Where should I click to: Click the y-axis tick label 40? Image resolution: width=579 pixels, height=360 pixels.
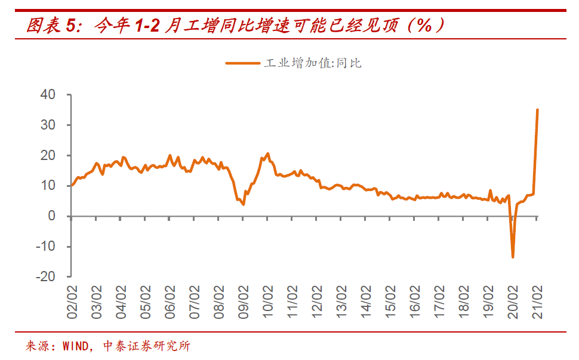(x=48, y=95)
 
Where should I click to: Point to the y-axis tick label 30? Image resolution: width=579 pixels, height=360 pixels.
(x=48, y=125)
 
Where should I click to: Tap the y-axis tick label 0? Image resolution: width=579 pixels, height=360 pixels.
(x=53, y=216)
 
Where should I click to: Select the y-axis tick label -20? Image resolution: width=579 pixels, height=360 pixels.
(x=46, y=277)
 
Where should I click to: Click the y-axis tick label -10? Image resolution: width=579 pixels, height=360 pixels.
(x=46, y=247)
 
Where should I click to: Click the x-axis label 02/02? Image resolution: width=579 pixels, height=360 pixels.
(x=72, y=302)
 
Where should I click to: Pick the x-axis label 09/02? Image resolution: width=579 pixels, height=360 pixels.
(x=244, y=302)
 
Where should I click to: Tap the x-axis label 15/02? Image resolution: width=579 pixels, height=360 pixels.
(x=390, y=302)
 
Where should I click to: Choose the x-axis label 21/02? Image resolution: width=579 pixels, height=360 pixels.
(x=537, y=302)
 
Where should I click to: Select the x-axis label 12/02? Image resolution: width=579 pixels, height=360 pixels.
(x=317, y=302)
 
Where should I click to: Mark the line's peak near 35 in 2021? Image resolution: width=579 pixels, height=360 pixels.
(x=537, y=110)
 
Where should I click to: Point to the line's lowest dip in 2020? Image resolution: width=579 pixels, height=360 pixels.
(x=513, y=257)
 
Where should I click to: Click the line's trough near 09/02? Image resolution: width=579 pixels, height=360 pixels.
(x=243, y=204)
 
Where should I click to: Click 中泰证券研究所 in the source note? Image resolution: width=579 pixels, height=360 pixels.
(x=147, y=346)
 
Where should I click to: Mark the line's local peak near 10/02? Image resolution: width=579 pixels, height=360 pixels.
(x=267, y=153)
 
